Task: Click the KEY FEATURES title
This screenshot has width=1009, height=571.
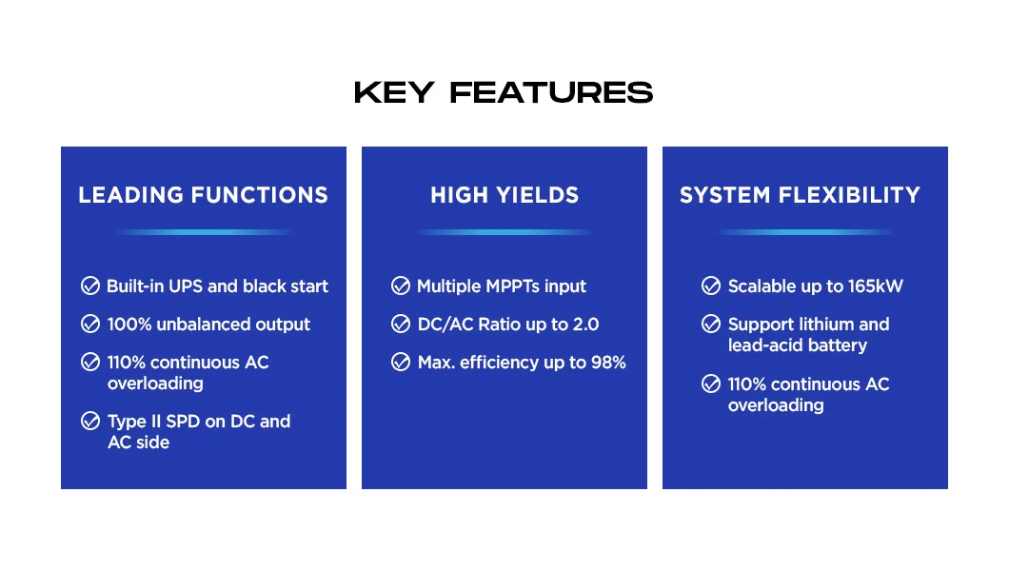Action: pos(504,92)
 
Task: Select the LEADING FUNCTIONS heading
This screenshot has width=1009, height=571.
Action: pos(203,195)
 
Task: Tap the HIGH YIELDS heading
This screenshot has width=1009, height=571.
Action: pos(504,195)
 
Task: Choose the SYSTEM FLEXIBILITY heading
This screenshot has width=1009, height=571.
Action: pos(800,195)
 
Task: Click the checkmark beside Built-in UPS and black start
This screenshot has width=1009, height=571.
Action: pos(90,285)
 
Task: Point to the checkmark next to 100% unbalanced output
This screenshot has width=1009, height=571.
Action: pos(90,324)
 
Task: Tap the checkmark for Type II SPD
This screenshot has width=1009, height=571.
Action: pos(90,421)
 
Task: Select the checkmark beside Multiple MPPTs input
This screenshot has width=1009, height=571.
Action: pos(401,285)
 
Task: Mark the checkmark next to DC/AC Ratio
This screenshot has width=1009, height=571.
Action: pos(401,324)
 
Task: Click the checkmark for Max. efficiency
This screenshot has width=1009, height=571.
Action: pos(401,362)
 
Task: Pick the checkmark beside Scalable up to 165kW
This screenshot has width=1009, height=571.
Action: pos(711,285)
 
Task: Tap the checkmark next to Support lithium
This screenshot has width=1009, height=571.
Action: pos(711,324)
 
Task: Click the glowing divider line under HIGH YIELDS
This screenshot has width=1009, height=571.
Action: pos(504,232)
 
